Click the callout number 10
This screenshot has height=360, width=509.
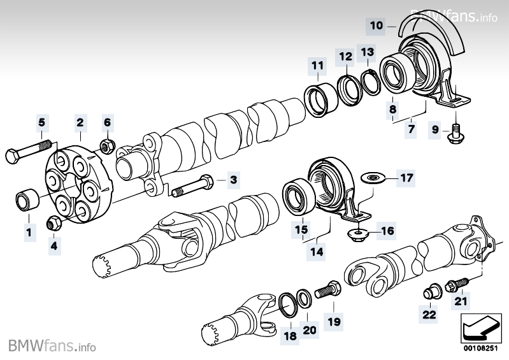[x=376, y=25]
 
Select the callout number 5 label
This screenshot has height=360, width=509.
[x=41, y=121]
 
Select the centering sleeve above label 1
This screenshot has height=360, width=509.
[x=26, y=199]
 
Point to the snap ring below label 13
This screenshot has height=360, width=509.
[x=369, y=81]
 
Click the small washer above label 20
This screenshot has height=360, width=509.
[x=306, y=295]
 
